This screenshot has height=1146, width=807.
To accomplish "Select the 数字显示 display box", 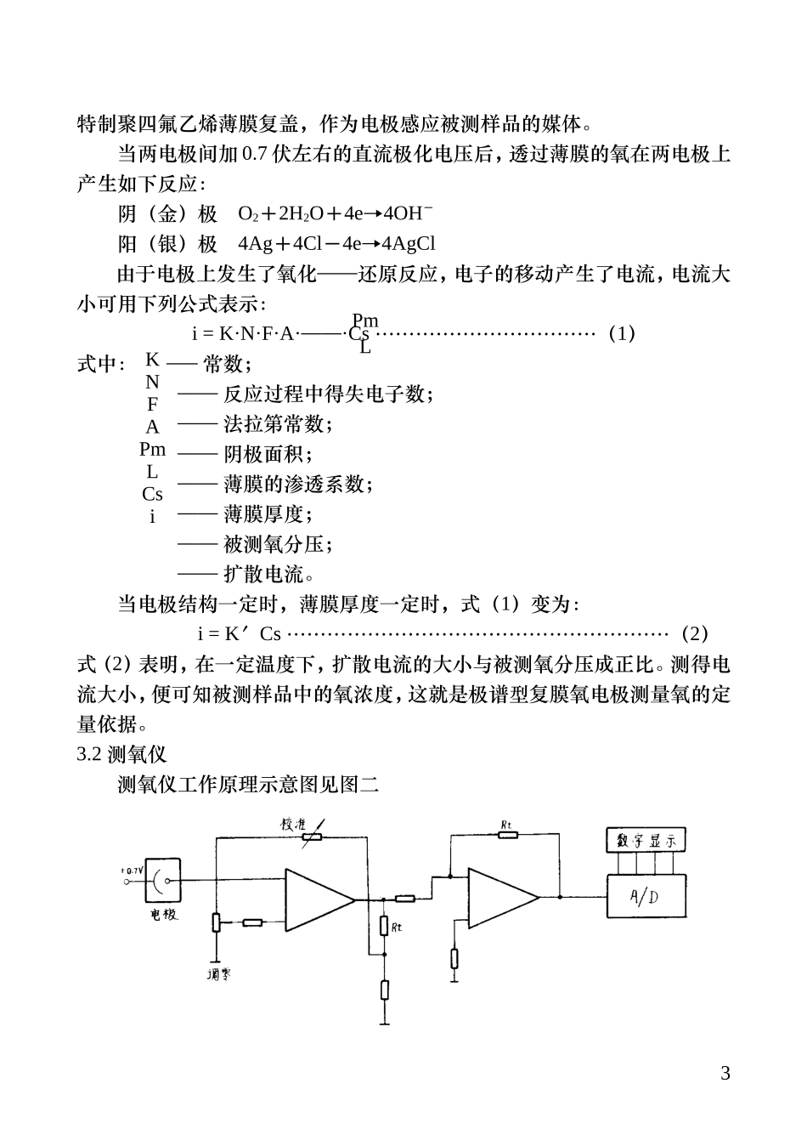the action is coord(646,841).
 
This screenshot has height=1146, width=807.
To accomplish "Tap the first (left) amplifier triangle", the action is coord(316,899).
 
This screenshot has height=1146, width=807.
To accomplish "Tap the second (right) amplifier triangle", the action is coord(501,898).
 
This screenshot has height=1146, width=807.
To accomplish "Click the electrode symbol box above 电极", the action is coord(163,881).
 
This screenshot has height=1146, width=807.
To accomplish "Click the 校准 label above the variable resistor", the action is coord(294,824).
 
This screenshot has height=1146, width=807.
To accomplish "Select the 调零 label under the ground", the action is coord(218,974).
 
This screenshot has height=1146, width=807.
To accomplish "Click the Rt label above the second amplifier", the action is coord(506,824).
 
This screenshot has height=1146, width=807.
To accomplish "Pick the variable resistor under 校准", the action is coord(313,837).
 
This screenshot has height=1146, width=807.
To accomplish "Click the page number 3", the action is coord(725,1073).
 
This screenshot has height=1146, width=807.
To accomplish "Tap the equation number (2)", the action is coord(694,633).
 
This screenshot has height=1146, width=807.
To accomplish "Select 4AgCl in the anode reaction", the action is coord(408,244).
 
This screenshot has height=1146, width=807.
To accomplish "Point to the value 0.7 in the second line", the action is coord(253,155).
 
